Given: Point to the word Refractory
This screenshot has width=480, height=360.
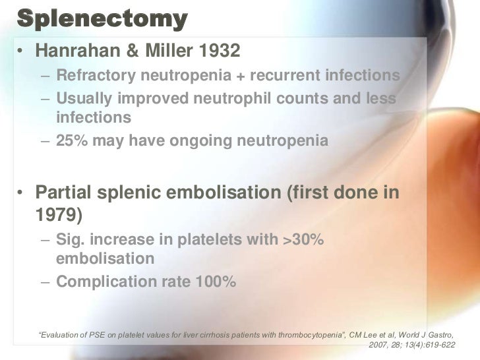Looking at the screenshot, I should coord(95,75).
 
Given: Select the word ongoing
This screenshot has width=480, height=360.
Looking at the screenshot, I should coord(199,141).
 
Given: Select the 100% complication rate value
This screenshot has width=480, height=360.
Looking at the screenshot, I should coord(214,282).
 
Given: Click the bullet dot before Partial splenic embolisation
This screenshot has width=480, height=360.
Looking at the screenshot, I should coord(23,193).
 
